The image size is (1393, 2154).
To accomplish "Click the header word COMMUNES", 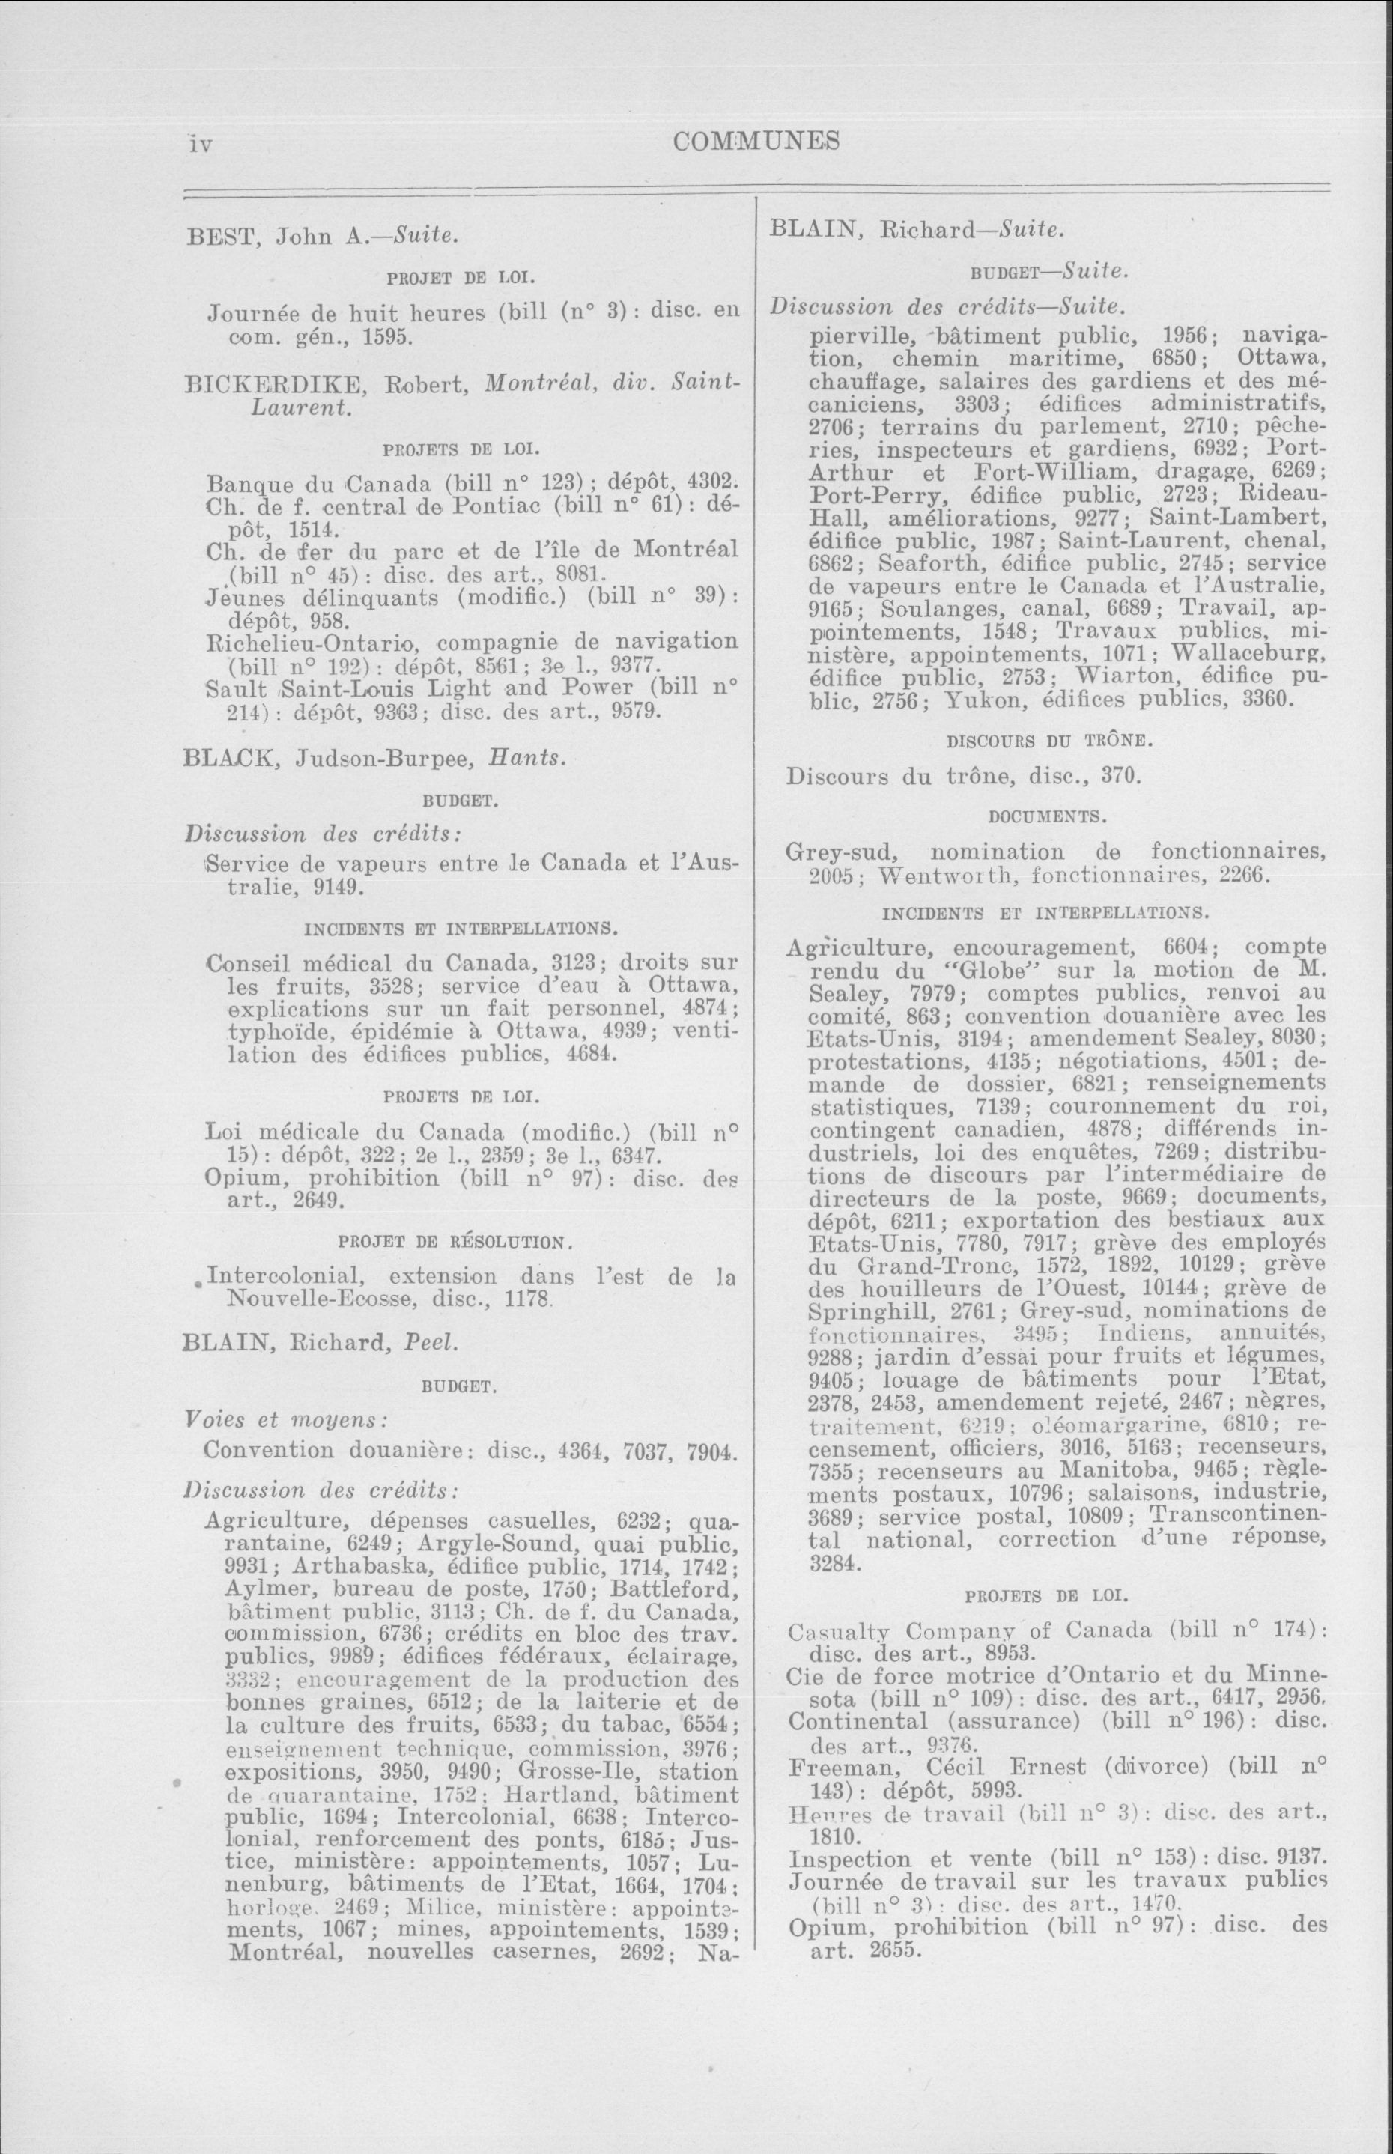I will [756, 141].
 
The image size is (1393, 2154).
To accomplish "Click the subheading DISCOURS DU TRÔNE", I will [1048, 740].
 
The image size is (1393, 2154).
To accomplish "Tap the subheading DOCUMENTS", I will [1048, 816].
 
